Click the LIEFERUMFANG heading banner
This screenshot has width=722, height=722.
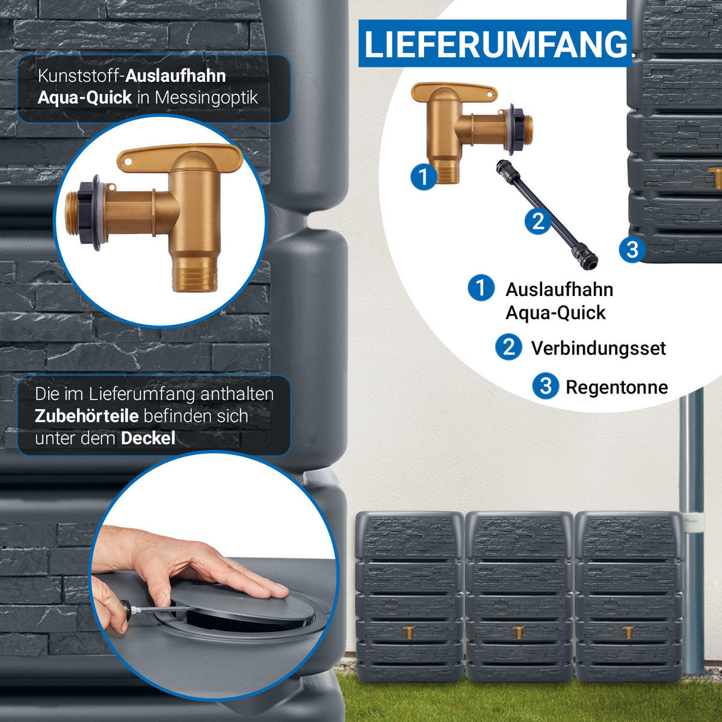[x=495, y=43]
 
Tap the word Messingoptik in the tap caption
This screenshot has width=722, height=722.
[x=206, y=98]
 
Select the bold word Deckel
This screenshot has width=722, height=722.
[x=148, y=438]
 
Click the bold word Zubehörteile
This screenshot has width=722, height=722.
[x=87, y=416]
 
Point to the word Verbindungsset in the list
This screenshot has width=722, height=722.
[x=598, y=348]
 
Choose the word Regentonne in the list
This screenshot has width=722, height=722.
[x=617, y=387]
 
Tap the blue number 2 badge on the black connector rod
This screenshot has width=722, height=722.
[x=538, y=221]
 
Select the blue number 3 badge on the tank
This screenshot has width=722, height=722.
[x=632, y=249]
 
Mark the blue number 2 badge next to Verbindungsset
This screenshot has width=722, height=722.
[x=509, y=347]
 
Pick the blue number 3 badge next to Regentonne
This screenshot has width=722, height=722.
[x=546, y=386]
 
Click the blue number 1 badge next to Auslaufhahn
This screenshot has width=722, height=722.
[x=481, y=288]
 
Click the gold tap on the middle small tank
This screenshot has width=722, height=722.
[x=519, y=632]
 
